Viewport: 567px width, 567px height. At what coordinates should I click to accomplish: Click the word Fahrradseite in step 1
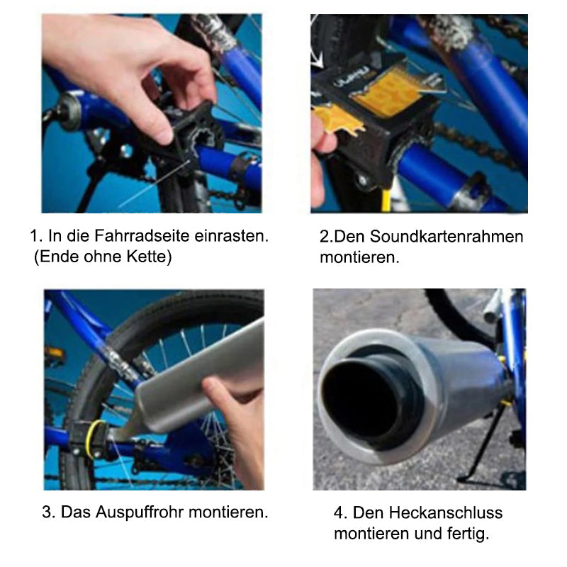click(142, 236)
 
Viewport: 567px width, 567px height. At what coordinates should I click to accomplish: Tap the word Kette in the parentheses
click(147, 257)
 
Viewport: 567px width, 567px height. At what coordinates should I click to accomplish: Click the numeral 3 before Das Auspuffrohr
click(46, 512)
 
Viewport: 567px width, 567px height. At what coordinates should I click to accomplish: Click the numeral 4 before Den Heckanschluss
click(339, 512)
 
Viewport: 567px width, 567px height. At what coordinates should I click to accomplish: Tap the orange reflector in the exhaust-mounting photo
click(55, 352)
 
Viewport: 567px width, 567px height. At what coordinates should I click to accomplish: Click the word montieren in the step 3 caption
click(228, 512)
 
